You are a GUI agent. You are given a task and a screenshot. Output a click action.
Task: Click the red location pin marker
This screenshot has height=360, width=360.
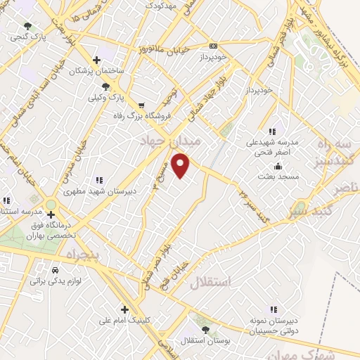coord(182,165)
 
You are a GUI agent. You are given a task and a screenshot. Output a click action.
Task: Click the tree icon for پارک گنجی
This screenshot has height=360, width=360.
coord(27,26)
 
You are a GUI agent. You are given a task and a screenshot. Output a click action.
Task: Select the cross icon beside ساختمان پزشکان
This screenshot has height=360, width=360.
coord(97,60)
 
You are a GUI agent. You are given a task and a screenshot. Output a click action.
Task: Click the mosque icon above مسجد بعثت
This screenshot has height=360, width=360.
coord(278,167)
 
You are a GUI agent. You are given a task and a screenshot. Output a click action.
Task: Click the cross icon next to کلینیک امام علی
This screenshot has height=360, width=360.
coord(124,309)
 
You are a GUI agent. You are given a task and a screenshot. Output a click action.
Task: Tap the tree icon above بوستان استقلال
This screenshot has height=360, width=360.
coord(205,330)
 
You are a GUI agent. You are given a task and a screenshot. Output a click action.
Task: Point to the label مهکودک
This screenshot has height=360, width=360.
coord(160,5)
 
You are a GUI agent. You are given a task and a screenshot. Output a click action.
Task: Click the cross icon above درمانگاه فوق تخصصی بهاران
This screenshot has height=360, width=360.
coord(51,214)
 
